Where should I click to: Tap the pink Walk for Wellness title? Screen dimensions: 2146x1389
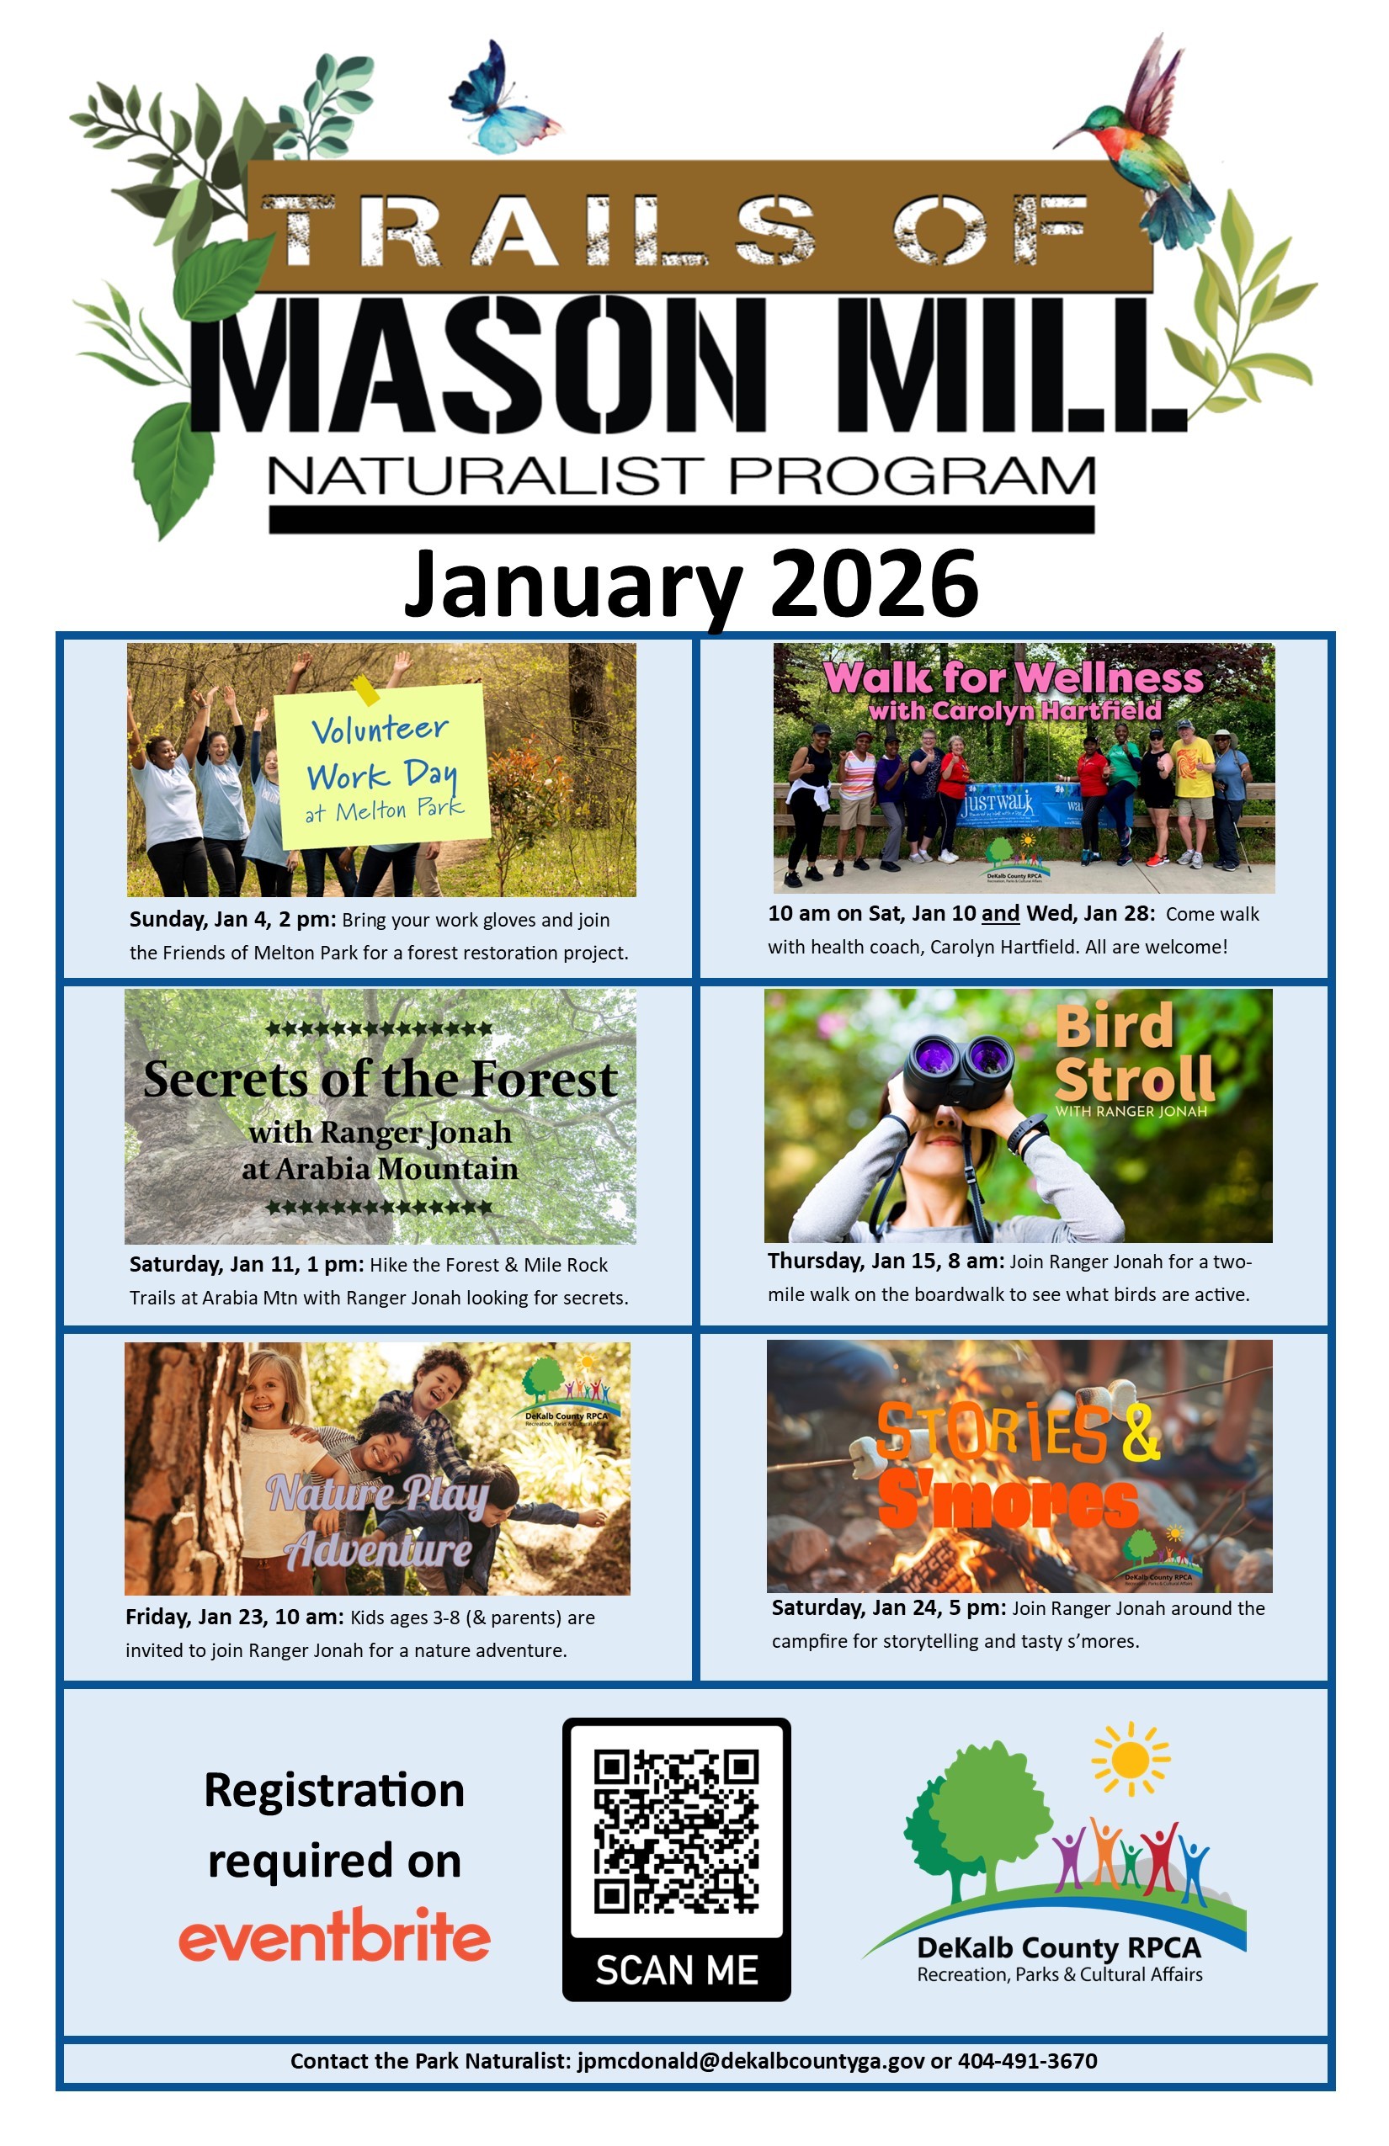(x=1013, y=678)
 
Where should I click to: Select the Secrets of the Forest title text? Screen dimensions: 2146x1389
(x=381, y=1079)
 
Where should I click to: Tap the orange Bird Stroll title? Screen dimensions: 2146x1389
(x=1134, y=1052)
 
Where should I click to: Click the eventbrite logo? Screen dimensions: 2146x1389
(x=333, y=1936)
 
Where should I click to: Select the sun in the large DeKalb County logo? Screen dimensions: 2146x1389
(x=1130, y=1759)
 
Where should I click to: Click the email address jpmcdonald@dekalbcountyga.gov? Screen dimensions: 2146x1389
(x=750, y=2061)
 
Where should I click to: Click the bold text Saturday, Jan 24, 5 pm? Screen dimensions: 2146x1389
(x=888, y=1607)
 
